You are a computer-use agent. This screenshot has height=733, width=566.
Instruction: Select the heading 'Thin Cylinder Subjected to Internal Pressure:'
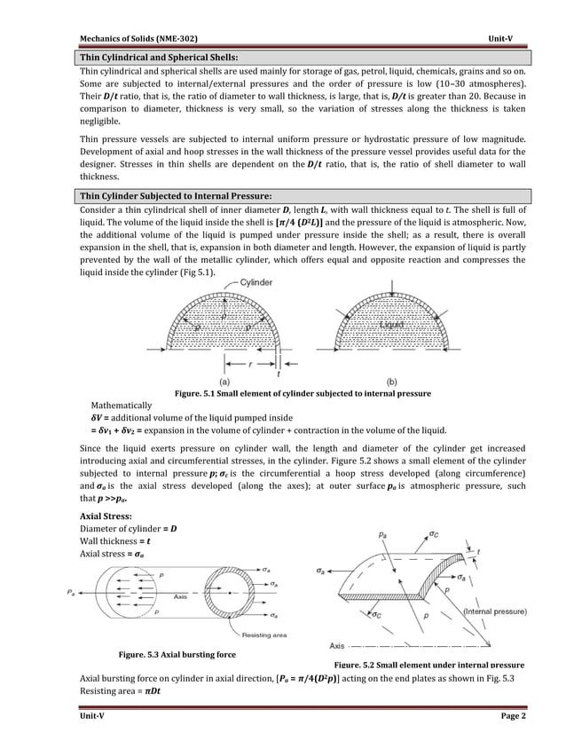pos(176,195)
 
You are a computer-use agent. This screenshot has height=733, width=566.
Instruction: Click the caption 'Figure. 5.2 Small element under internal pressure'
pos(428,665)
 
